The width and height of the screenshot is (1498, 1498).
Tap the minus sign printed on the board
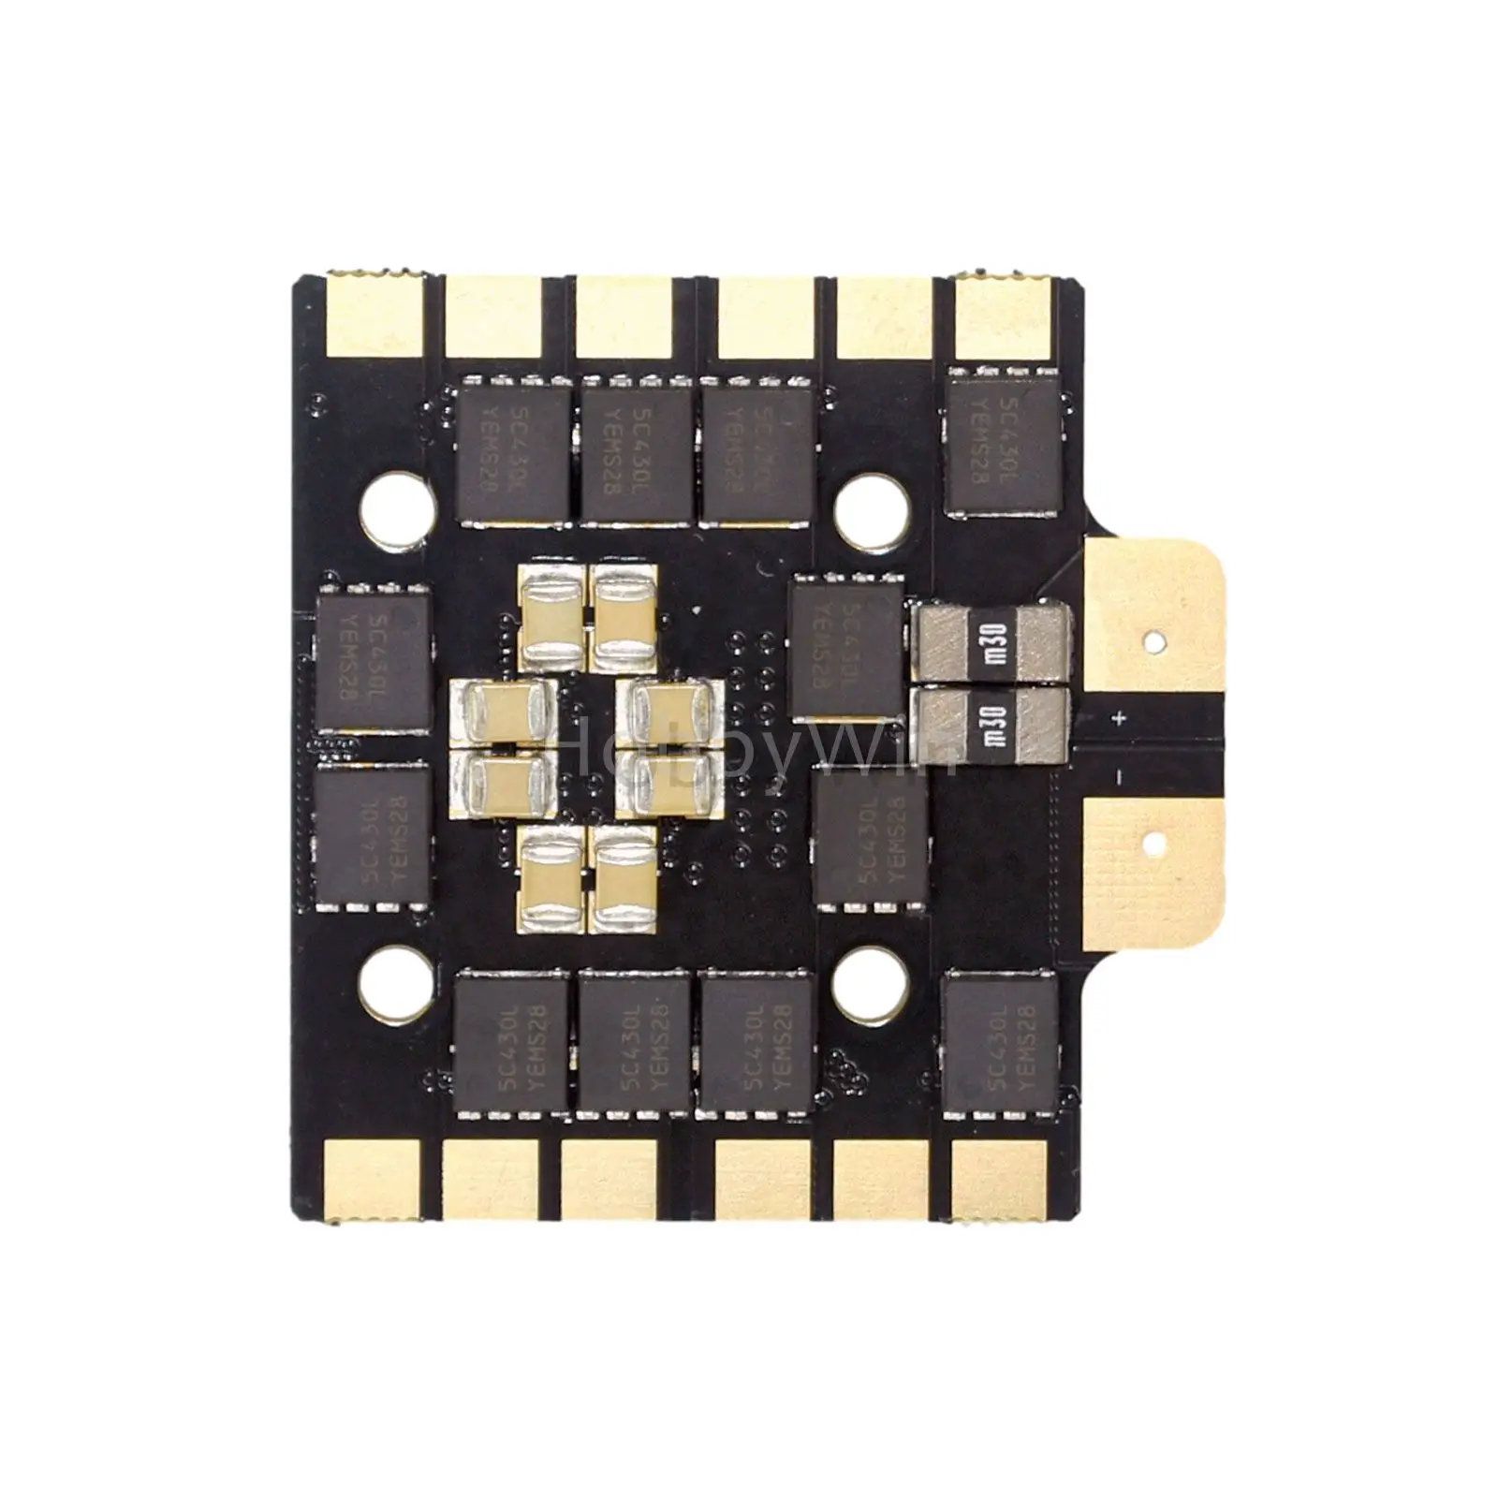[x=1118, y=776]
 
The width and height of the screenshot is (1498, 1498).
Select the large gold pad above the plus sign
[x=1156, y=618]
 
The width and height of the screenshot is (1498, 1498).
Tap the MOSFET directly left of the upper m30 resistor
[x=847, y=648]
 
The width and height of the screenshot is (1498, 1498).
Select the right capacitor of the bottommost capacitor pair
[x=625, y=882]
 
